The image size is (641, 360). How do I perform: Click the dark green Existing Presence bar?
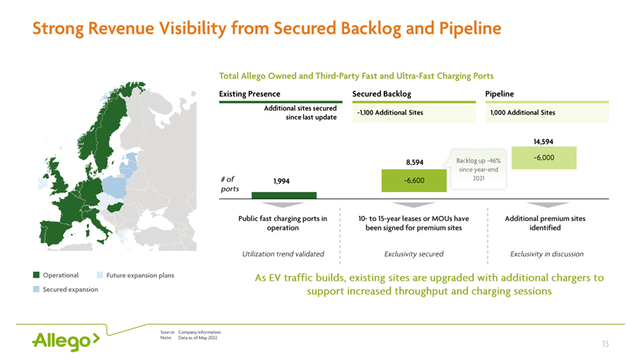pos(284,195)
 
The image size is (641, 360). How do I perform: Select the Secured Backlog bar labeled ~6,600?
pos(414,181)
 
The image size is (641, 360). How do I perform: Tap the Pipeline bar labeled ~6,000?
pos(543,158)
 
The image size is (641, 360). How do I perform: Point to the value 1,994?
pos(282,181)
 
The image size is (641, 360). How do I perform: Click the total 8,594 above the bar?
pos(414,162)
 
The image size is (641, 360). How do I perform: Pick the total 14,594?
pos(543,142)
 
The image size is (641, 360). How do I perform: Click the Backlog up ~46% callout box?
pos(478,169)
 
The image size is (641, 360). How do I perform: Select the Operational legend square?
pos(37,275)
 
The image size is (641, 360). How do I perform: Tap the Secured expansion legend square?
pos(37,289)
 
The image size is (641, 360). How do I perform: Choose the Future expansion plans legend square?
pos(100,275)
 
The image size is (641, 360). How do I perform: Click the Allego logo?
pos(66,341)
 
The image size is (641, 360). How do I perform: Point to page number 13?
pos(605,344)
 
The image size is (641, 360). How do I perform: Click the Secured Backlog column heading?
pos(382,94)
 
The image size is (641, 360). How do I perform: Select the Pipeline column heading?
pos(500,94)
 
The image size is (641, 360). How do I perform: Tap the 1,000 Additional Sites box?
pos(547,113)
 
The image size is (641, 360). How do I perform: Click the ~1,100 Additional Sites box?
pos(414,113)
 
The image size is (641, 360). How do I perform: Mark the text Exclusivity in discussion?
pos(547,254)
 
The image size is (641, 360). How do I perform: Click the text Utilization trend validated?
pos(283,254)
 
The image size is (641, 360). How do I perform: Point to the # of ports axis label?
pos(230,184)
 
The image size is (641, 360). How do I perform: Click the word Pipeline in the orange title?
pos(470,29)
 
